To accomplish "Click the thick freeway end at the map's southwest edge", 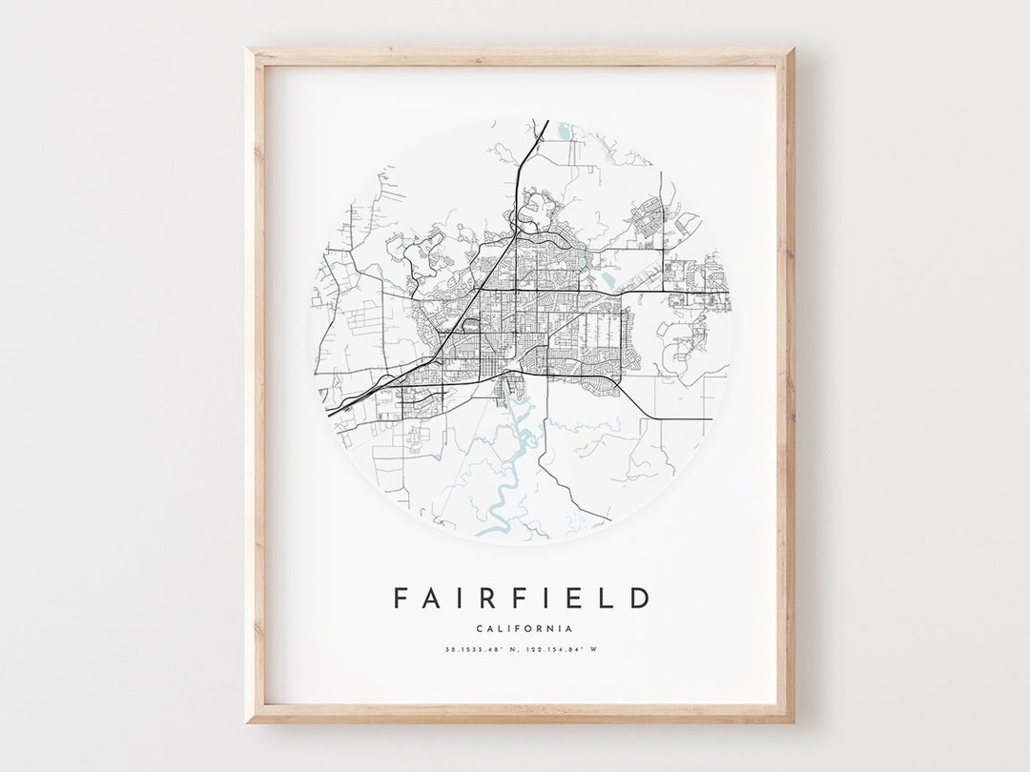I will click(329, 413).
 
